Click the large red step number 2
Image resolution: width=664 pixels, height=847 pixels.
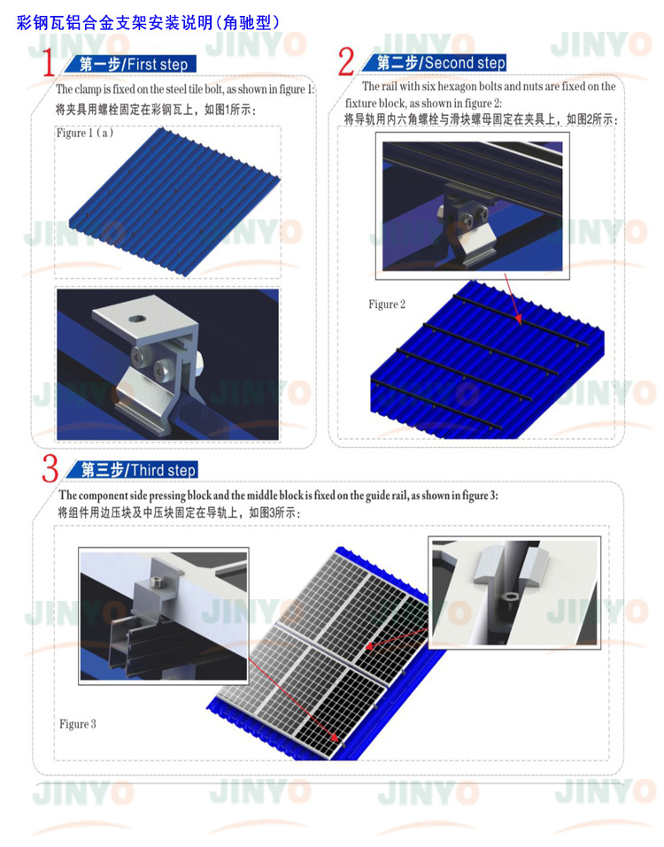point(346,63)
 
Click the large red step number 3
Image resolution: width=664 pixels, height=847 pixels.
point(50,469)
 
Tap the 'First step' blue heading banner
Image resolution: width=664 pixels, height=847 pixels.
point(133,65)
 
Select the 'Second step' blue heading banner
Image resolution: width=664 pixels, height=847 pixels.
point(440,63)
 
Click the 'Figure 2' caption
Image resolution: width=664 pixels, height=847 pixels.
point(387,304)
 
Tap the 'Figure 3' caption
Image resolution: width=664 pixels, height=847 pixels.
point(78,724)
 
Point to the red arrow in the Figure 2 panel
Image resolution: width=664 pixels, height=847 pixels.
point(513,298)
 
